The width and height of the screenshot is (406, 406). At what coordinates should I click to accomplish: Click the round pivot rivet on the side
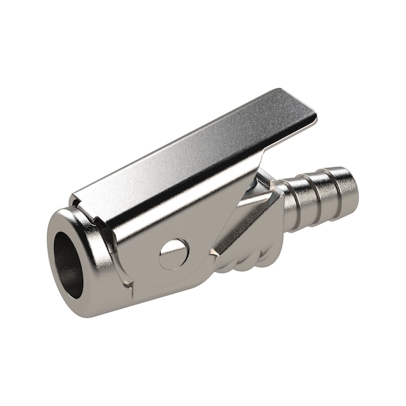[174, 252]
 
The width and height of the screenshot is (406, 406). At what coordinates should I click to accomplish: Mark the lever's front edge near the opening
[78, 190]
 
